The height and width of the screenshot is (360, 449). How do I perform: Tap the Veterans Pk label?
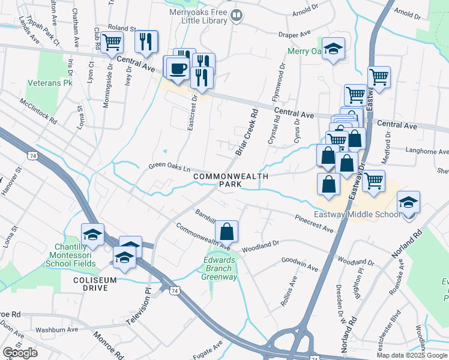click(50, 83)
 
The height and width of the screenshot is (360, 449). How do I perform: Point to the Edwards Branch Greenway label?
click(219, 268)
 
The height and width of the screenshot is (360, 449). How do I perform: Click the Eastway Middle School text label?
click(358, 215)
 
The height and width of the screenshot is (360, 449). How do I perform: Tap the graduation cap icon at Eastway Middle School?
click(408, 203)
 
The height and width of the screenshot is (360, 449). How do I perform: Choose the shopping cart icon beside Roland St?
click(112, 43)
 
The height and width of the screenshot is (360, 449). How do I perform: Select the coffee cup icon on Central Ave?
click(177, 68)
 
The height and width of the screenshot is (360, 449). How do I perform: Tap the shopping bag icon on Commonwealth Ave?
click(227, 231)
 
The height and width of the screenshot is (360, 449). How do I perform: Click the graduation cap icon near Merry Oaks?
click(333, 49)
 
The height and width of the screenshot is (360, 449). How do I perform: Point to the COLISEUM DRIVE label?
click(91, 284)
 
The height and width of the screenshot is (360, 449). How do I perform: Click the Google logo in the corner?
click(20, 353)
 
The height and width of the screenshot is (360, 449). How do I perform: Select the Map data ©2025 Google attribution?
click(411, 355)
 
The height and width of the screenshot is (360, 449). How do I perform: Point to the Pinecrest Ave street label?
click(314, 224)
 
